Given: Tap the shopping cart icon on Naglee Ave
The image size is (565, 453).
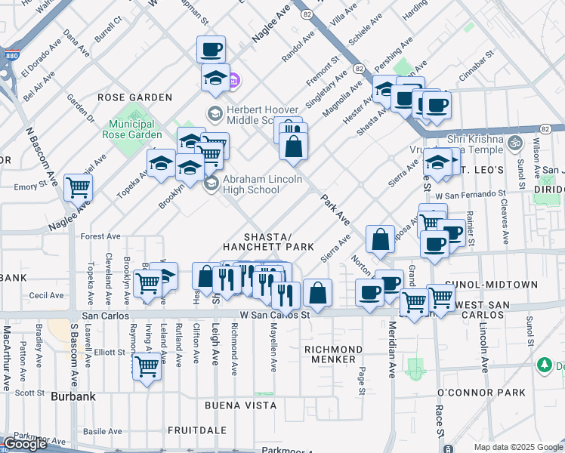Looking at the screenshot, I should click(x=78, y=186).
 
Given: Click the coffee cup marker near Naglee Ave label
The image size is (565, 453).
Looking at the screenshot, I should click(x=211, y=50).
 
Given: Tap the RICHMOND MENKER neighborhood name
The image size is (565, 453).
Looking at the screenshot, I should click(x=333, y=354).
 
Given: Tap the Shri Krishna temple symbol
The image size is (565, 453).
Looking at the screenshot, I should click(x=514, y=141).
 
